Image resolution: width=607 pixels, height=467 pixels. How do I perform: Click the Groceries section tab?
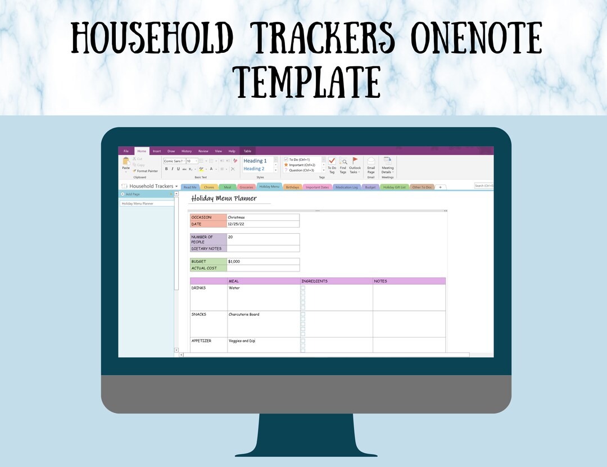click(246, 187)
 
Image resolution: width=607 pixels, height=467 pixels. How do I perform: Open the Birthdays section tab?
click(292, 187)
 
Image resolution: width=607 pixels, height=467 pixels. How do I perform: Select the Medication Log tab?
click(347, 187)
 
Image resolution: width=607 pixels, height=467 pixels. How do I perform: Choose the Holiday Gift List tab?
click(395, 187)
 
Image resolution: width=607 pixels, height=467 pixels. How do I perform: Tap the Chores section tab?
click(209, 187)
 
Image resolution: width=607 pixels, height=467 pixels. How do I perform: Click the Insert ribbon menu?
click(157, 151)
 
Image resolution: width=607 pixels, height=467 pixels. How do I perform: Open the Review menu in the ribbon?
click(203, 151)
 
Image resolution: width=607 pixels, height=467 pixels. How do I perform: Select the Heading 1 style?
click(255, 161)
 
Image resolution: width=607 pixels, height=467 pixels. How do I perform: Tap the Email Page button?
click(371, 165)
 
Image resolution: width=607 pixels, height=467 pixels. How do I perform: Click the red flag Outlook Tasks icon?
click(355, 161)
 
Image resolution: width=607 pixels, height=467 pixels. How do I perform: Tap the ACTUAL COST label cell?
click(208, 268)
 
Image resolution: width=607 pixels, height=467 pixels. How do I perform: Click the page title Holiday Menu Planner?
click(224, 198)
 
